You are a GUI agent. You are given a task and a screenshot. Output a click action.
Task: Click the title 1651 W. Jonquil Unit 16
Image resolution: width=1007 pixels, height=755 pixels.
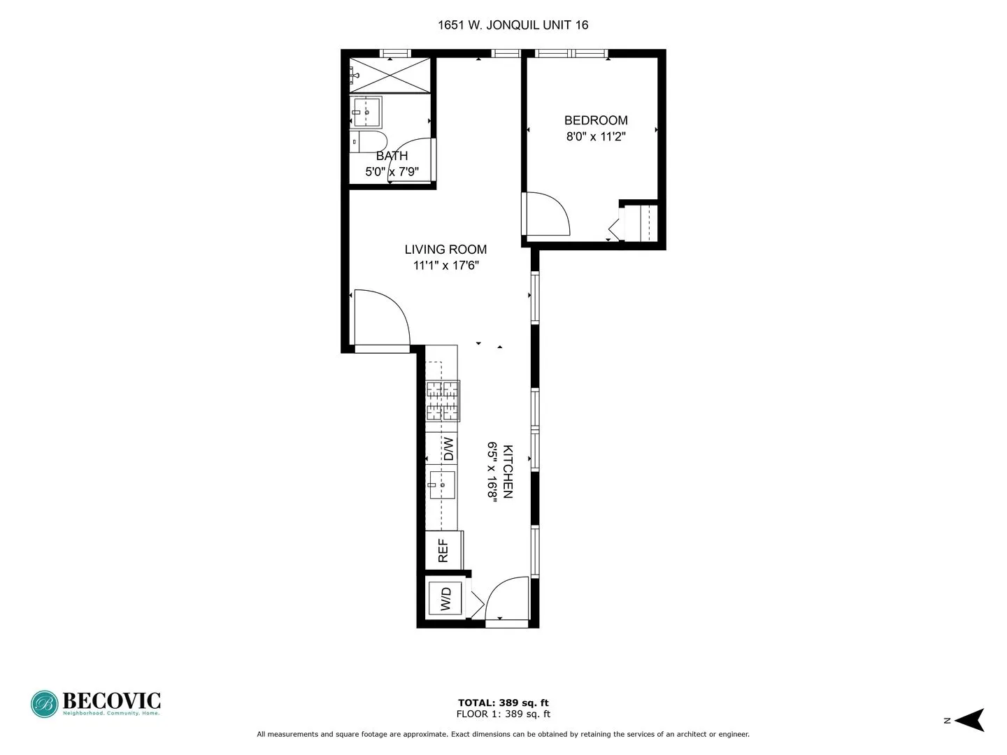point(513,25)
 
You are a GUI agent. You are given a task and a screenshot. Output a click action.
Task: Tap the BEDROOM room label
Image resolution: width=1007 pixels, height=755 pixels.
point(596,120)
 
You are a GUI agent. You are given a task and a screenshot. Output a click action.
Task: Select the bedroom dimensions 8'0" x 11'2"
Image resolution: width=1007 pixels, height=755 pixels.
point(596,136)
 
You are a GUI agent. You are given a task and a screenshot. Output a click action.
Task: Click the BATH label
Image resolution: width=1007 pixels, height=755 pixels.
point(392,156)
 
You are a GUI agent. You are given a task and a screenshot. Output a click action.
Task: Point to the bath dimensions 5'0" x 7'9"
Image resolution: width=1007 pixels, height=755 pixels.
point(392,171)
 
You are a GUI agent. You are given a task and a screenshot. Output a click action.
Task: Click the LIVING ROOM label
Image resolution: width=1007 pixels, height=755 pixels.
point(445,250)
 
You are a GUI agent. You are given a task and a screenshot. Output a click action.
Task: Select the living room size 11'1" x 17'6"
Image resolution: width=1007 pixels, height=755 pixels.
point(445,266)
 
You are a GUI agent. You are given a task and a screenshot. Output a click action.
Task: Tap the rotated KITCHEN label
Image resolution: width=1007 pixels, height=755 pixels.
point(508,471)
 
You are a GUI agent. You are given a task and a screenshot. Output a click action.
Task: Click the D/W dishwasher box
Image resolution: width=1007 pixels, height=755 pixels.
point(448,448)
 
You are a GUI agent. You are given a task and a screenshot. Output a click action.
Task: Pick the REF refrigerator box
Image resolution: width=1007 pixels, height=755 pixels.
point(443,550)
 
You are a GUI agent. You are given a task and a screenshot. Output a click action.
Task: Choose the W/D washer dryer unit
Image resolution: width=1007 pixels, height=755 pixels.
point(445,598)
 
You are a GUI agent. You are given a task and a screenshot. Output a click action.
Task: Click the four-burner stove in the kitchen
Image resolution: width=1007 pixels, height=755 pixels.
point(443,401)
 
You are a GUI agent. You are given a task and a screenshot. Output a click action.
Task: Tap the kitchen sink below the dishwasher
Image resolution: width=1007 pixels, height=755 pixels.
point(442,484)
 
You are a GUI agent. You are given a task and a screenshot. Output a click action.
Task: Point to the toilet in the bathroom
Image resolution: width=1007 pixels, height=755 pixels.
point(369,141)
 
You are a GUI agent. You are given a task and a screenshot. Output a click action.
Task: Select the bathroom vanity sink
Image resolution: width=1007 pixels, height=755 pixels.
point(366,112)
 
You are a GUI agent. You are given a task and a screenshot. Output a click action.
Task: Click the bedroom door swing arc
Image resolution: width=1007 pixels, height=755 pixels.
point(549,213)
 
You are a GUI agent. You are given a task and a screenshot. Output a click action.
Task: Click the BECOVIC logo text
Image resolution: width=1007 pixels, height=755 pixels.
point(112,700)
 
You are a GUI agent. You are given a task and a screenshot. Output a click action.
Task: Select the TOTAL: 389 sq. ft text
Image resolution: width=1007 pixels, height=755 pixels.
point(503,703)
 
